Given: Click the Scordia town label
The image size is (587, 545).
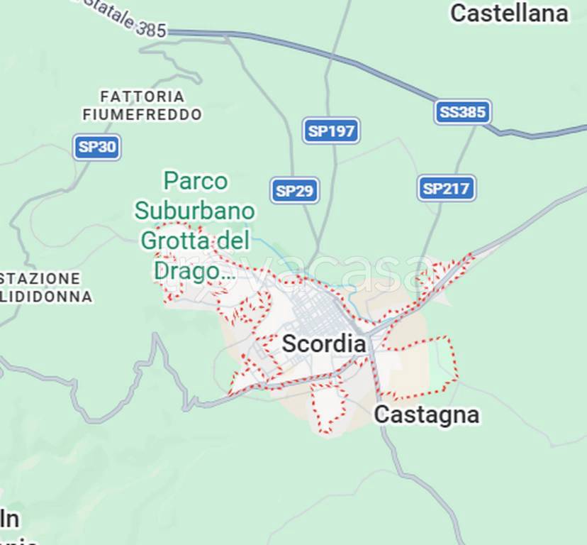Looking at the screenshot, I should pos(324,344).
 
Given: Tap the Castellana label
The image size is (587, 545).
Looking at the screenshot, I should pos(509,13).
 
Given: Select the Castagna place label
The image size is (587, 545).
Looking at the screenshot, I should pos(426,414).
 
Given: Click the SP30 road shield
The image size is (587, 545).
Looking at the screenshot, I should pos(97,147).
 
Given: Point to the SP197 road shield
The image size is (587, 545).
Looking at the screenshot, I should pos(331,131).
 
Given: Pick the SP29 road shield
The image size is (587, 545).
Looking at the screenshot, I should pos(294,190).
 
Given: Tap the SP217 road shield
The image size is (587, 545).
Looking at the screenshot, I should pos(445,188).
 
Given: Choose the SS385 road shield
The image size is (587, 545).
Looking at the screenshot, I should pos(463,112).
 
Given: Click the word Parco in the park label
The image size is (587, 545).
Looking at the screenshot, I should pos(196,182).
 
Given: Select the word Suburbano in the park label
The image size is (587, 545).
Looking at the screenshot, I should pos(195,211).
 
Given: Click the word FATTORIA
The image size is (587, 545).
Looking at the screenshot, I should pos(142,96).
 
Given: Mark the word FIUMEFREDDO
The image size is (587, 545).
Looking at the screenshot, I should pos(142,114).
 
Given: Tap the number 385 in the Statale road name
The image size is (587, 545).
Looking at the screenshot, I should pos(150,29).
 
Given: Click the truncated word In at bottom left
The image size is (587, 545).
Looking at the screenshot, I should pos(9,519).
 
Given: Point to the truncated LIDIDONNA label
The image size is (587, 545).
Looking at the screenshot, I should pos(46,297).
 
